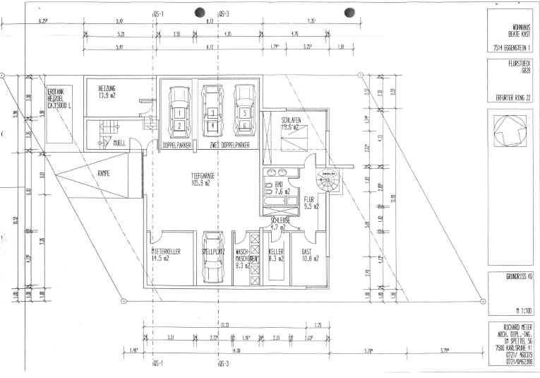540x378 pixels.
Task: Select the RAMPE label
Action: [x=107, y=172]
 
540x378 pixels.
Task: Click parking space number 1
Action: [x=179, y=112]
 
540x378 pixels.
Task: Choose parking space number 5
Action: [x=244, y=112]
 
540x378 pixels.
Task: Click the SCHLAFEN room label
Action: [x=292, y=124]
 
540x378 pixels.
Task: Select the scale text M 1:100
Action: [x=522, y=310]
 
